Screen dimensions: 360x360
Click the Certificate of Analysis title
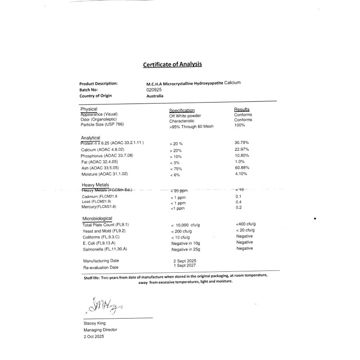(x=172, y=64)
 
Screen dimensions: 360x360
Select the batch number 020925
(x=153, y=90)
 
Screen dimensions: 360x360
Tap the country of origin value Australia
(x=155, y=96)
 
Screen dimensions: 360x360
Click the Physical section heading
(x=89, y=109)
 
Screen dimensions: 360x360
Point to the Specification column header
(x=182, y=110)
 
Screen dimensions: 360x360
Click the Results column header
(x=242, y=109)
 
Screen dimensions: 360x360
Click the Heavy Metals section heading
(x=95, y=185)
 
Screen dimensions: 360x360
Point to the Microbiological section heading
(x=97, y=218)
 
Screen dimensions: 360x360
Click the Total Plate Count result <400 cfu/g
(x=246, y=224)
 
